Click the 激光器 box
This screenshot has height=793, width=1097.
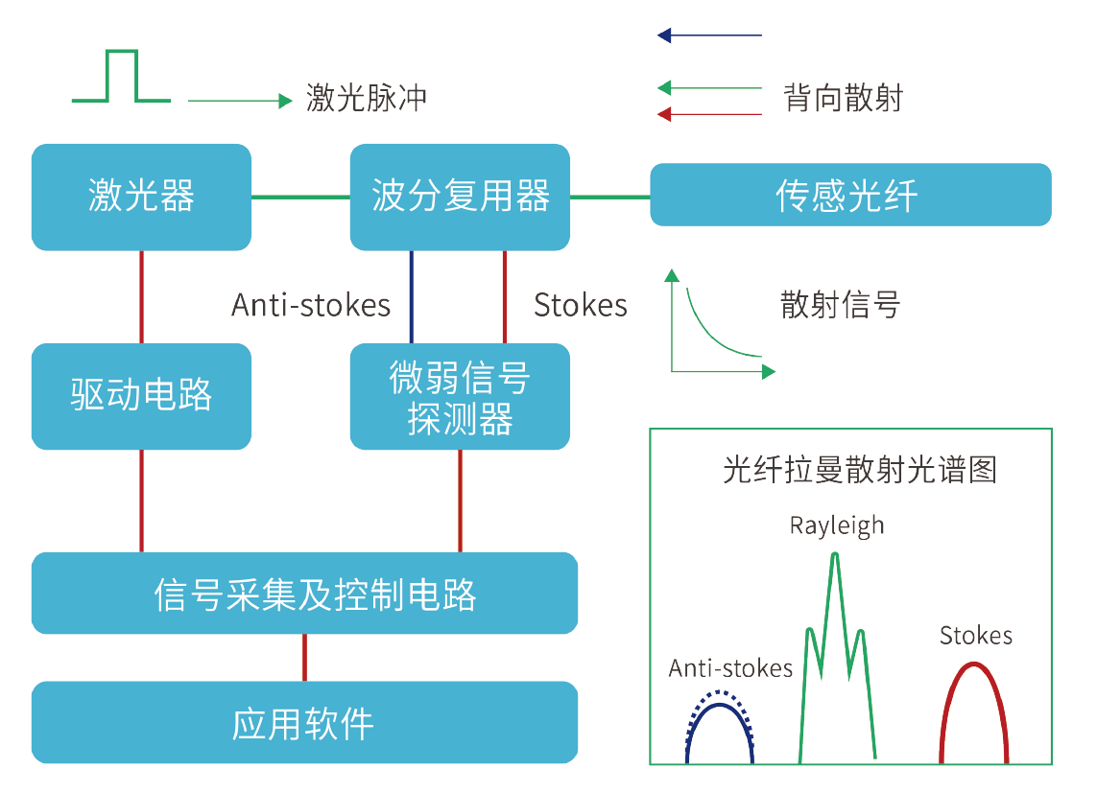(x=141, y=198)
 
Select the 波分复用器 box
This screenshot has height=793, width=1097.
(x=460, y=198)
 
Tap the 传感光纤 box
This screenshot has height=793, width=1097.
(x=850, y=196)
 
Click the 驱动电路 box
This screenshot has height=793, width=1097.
(x=141, y=396)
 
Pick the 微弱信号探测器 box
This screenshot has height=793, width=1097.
(x=460, y=397)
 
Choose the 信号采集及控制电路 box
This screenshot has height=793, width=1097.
(x=304, y=594)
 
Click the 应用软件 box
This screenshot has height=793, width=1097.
(x=304, y=722)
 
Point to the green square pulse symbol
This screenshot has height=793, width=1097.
(x=122, y=77)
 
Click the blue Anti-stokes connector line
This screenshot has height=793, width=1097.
(x=412, y=296)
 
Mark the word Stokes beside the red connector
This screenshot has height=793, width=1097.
(x=580, y=305)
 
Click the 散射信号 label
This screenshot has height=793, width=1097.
(x=840, y=305)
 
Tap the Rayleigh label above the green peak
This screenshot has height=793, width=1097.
(x=837, y=525)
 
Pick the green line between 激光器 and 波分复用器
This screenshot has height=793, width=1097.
(x=300, y=198)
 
